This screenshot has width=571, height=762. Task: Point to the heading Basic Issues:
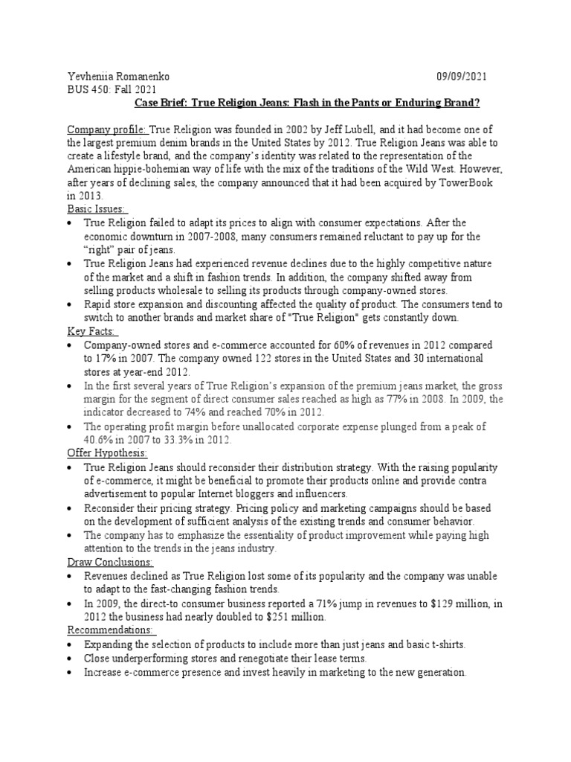click(x=97, y=209)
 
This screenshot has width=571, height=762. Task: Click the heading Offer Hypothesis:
click(x=107, y=453)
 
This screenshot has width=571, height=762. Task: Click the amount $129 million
click(x=413, y=603)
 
